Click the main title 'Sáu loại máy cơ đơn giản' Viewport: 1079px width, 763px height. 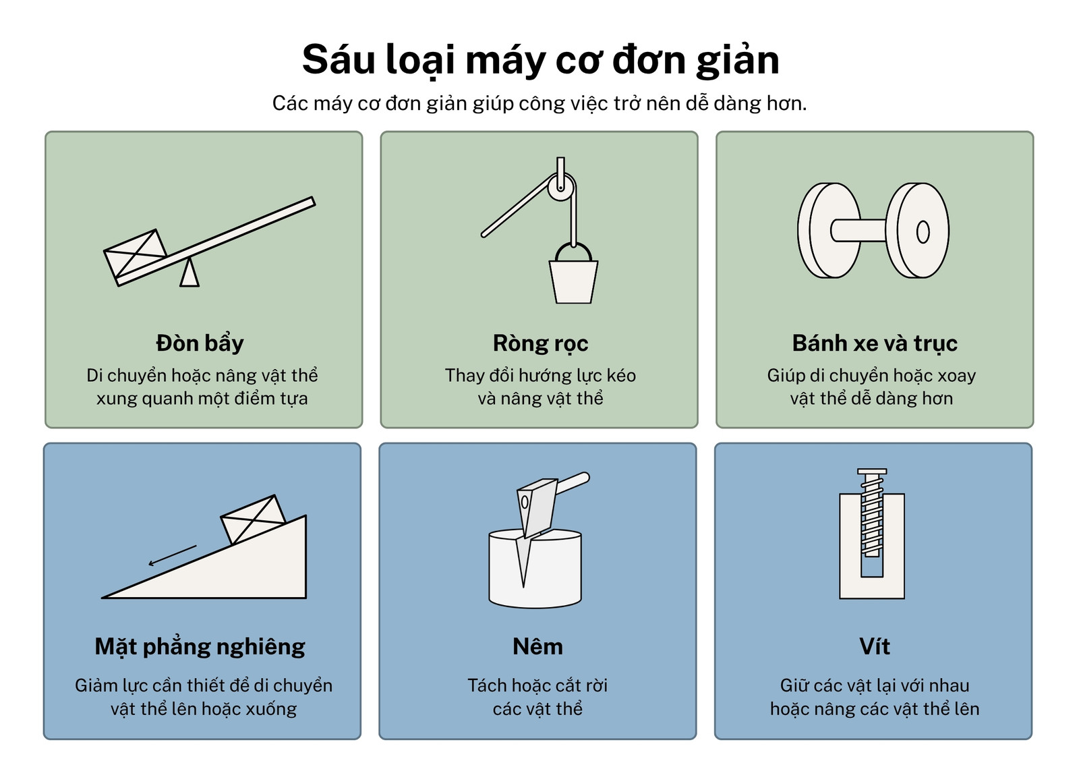pos(540,60)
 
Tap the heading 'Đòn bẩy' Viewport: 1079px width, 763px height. pos(200,343)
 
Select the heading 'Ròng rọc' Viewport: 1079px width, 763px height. pos(540,343)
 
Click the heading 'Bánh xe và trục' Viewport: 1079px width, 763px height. pos(875,343)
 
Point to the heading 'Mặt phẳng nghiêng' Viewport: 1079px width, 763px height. pos(200,647)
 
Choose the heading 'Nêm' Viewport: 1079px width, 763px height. pos(537,647)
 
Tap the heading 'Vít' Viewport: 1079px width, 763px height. pos(874,647)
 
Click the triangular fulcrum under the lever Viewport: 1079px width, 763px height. pos(189,273)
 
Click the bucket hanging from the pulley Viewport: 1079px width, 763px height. pos(573,281)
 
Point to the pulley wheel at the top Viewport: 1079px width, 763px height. pos(561,188)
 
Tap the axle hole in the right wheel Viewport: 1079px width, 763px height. pos(923,232)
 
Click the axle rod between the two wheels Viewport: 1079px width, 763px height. pos(858,230)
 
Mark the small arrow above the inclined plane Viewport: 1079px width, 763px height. pos(172,555)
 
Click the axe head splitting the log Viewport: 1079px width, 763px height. pos(535,509)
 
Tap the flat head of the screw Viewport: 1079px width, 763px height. pos(872,471)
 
